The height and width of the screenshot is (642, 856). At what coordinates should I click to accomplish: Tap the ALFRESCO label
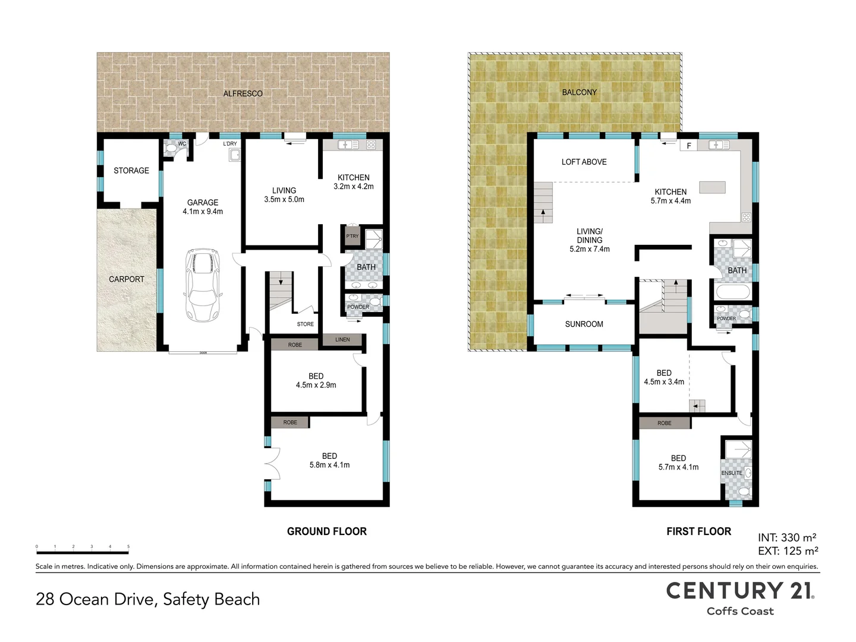[x=243, y=93]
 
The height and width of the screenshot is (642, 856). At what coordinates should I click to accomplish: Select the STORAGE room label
[x=131, y=171]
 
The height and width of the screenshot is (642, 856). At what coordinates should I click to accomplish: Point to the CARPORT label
[x=127, y=279]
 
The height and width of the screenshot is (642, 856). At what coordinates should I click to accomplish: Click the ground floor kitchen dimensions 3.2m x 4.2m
[x=354, y=187]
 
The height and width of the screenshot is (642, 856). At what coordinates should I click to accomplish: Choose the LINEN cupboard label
[x=342, y=339]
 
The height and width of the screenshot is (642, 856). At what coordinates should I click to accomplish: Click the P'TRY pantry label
[x=353, y=236]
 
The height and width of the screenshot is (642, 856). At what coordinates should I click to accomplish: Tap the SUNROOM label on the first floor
[x=584, y=324]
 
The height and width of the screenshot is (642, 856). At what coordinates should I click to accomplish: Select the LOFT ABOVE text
[x=584, y=162]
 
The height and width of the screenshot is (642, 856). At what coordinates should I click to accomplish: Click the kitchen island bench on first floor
[x=712, y=187]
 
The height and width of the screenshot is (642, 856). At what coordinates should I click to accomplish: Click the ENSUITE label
[x=732, y=473]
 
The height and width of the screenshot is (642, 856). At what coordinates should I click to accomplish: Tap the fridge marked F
[x=689, y=146]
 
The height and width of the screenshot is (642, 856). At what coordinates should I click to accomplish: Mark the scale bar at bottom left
[x=82, y=548]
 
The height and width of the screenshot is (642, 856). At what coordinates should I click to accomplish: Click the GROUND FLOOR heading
[x=326, y=531]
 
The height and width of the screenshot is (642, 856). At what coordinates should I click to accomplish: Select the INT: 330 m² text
[x=786, y=537]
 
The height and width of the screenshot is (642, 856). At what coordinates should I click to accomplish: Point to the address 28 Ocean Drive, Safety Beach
[x=148, y=599]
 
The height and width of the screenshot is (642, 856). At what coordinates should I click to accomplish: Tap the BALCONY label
[x=579, y=92]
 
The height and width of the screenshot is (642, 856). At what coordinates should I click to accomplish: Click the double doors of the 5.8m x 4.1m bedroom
[x=272, y=464]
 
